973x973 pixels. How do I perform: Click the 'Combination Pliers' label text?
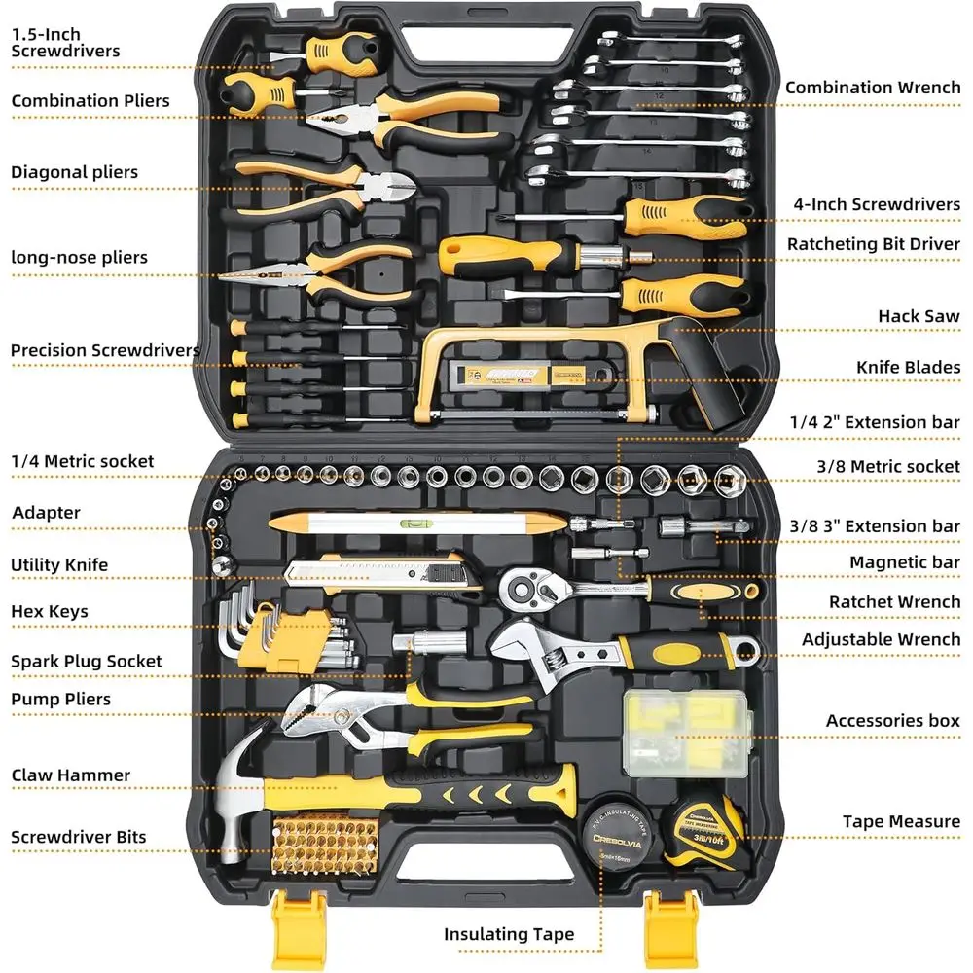90,101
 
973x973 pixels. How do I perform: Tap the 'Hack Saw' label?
918,316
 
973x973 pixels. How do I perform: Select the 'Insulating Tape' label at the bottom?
509,934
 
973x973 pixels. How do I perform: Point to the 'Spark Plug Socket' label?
87,662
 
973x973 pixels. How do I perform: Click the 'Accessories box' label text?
892,721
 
